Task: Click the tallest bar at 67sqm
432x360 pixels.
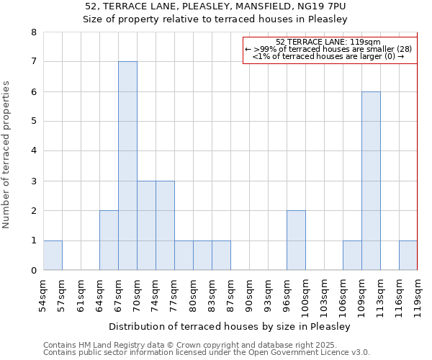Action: click(127, 166)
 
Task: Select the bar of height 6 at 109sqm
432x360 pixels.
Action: click(371, 181)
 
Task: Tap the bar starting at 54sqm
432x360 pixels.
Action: click(53, 256)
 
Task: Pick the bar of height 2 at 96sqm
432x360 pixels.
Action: click(296, 240)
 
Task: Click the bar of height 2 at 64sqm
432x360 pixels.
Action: click(109, 240)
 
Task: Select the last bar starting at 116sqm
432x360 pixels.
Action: click(408, 256)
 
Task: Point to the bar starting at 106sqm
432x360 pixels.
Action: click(352, 256)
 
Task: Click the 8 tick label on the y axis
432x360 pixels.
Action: click(33, 32)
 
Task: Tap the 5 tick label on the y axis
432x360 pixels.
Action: click(33, 122)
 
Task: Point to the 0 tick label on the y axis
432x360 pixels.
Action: click(33, 271)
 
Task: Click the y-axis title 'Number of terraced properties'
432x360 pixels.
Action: click(6, 154)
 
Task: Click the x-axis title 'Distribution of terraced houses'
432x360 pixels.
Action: click(230, 326)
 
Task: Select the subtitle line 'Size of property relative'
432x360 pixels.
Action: click(215, 19)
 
